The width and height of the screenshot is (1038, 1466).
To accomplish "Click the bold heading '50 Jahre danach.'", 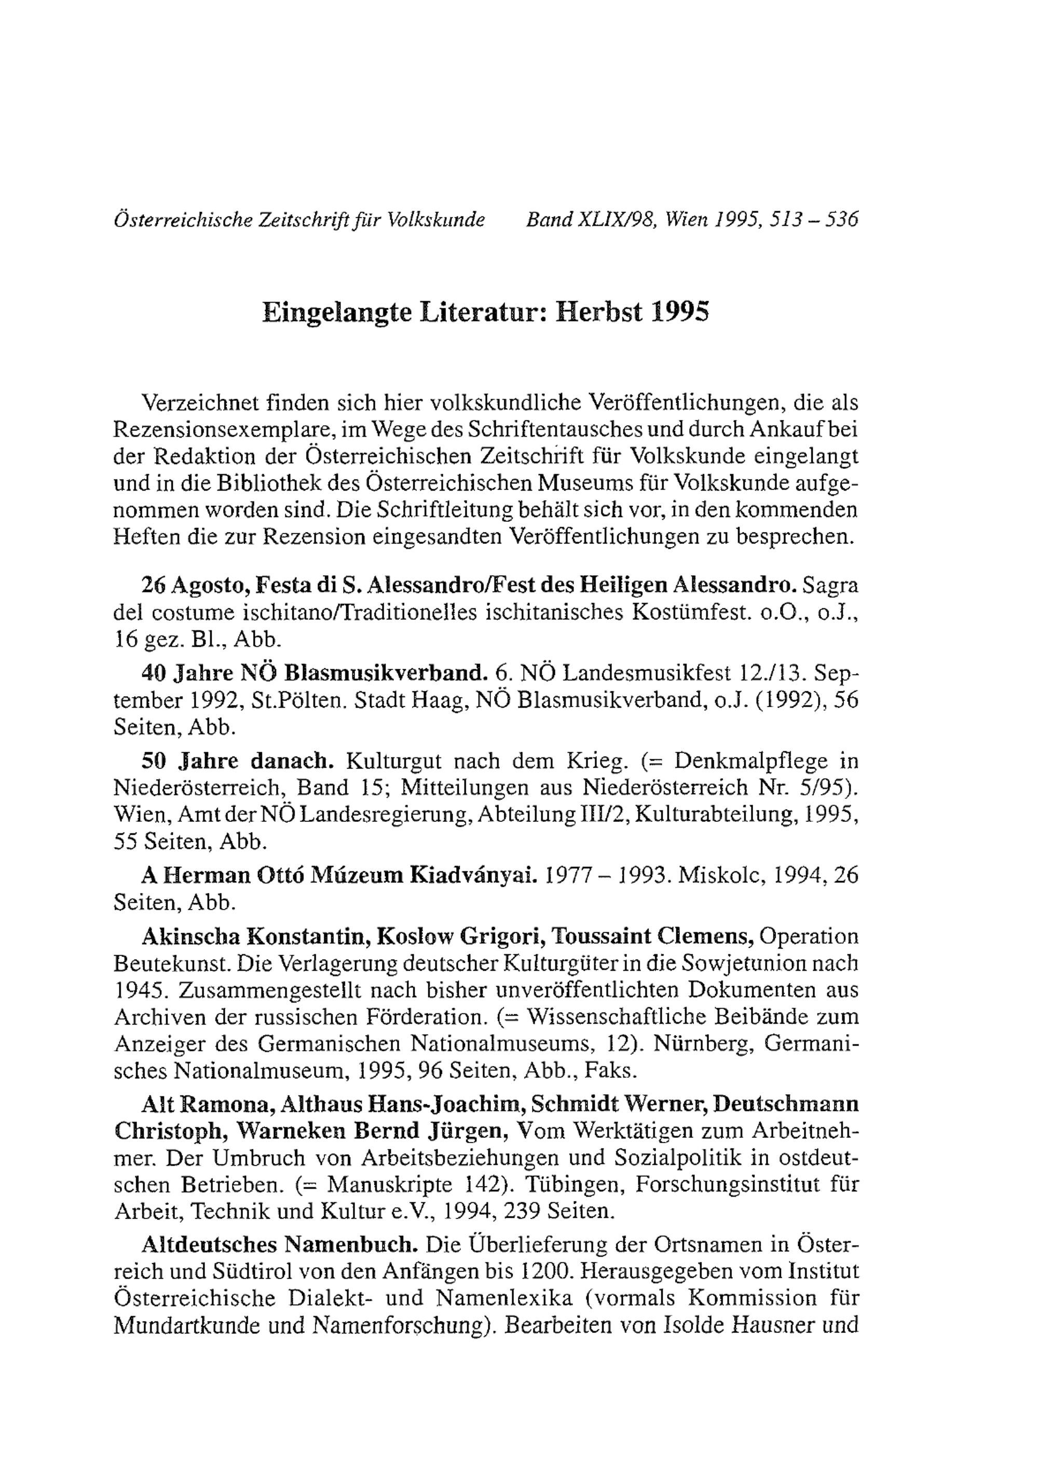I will pyautogui.click(x=238, y=762).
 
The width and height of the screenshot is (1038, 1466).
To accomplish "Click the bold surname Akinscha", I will pyautogui.click(x=190, y=936).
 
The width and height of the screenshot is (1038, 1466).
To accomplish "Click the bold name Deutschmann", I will pyautogui.click(x=786, y=1104).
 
